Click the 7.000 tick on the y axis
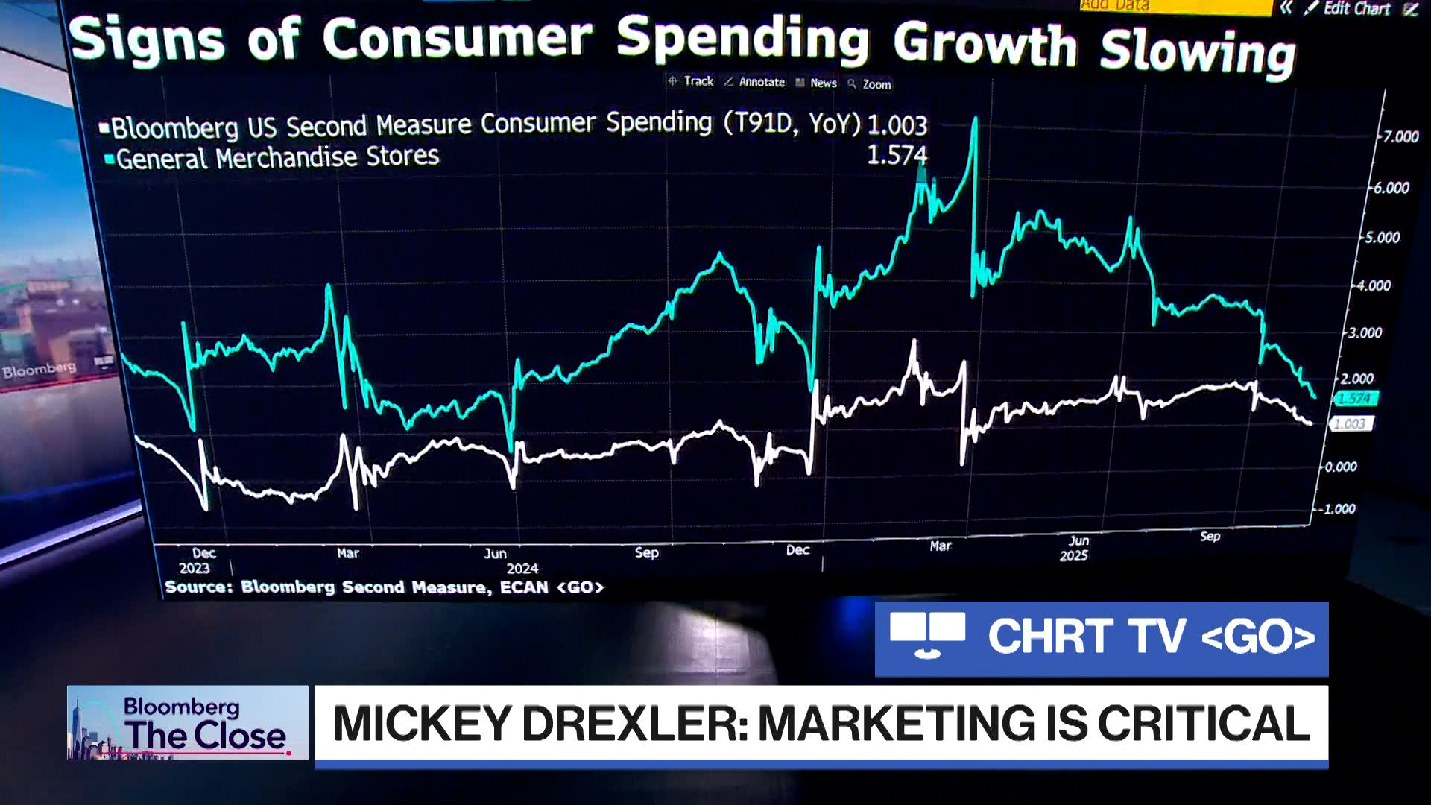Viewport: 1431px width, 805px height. coord(1400,137)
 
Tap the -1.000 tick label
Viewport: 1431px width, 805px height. coord(1338,509)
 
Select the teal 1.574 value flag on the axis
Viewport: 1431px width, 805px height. coord(1355,399)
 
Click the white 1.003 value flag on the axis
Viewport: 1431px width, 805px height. coord(1350,424)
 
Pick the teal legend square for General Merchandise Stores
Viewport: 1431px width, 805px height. coord(110,160)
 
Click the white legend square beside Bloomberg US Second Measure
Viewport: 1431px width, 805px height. coord(104,128)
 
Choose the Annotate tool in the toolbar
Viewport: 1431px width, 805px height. coord(755,82)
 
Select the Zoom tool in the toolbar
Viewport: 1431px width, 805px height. coord(870,84)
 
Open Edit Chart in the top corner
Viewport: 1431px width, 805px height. coord(1350,9)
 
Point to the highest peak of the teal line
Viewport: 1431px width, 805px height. coord(975,119)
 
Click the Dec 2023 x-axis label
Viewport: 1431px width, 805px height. coord(200,561)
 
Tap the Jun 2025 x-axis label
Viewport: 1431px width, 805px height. coord(1075,548)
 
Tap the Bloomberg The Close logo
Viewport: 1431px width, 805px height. coord(187,722)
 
